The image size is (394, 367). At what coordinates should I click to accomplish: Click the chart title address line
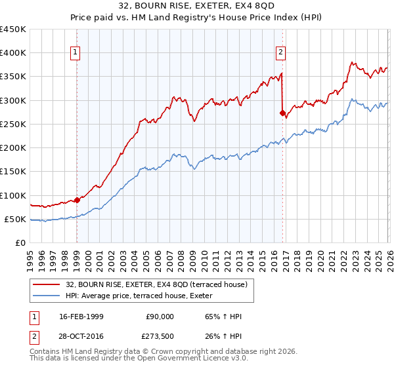coord(197,6)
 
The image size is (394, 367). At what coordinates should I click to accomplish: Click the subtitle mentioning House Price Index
coord(197,18)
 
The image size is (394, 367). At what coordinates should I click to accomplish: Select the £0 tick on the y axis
coord(20,243)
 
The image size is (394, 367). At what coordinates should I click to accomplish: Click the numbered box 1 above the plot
coord(76,53)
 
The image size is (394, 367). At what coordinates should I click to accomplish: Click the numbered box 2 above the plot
coord(280,53)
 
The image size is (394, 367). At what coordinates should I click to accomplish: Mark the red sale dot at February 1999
coord(77,200)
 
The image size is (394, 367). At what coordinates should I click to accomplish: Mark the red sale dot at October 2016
coord(283,113)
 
